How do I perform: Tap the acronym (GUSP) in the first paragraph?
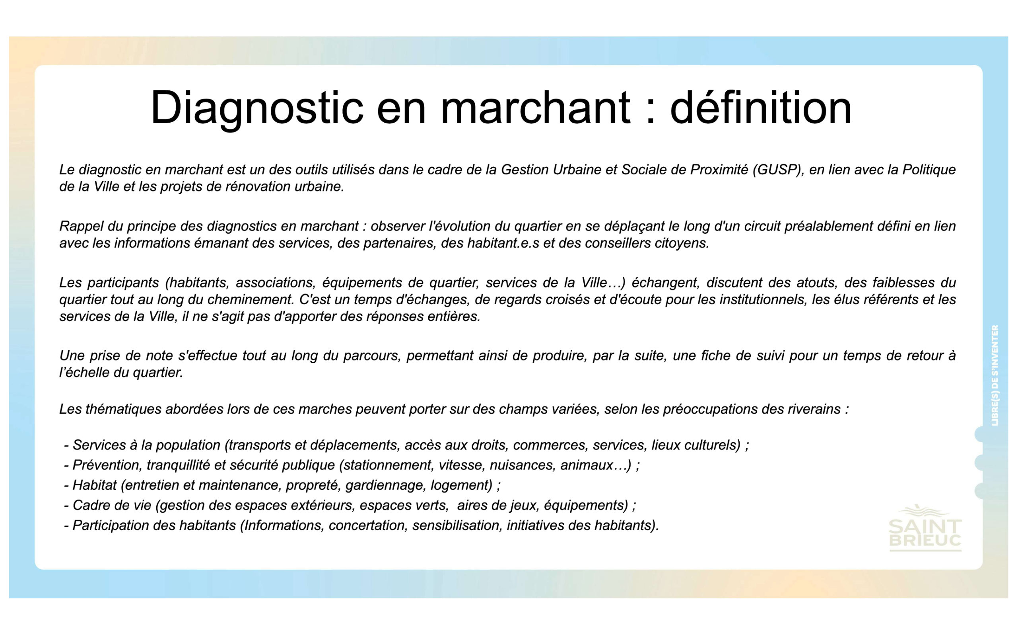(x=779, y=170)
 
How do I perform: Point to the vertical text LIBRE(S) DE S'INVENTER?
(x=995, y=375)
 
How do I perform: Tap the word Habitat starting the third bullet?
(x=94, y=485)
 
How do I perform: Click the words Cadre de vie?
(x=112, y=505)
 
